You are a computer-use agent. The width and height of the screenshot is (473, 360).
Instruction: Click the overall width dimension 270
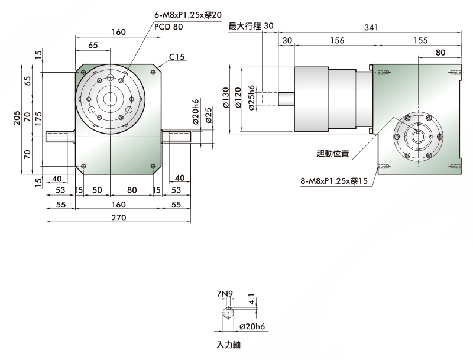tap(119, 218)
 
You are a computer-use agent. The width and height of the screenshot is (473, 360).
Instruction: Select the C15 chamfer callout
tap(176, 57)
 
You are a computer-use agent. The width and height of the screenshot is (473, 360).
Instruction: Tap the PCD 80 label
tap(169, 27)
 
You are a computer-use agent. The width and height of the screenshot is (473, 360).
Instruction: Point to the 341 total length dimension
tap(371, 27)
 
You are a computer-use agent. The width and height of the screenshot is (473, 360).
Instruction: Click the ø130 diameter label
tap(226, 98)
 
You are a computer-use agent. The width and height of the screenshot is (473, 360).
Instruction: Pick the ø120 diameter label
tap(238, 98)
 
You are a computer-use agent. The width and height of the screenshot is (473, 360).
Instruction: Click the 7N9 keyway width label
tap(225, 293)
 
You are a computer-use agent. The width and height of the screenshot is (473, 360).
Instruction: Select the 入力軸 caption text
tap(228, 345)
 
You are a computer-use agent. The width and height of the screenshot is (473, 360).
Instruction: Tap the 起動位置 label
tap(333, 153)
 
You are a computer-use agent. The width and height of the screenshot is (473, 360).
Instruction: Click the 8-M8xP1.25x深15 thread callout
tap(334, 181)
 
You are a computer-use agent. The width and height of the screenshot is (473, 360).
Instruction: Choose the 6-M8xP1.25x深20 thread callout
tap(188, 15)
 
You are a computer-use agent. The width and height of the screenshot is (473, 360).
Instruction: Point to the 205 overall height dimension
tap(17, 118)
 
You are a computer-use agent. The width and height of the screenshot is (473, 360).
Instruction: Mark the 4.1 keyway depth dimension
tap(252, 299)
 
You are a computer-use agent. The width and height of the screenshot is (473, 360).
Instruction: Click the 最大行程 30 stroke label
tap(251, 26)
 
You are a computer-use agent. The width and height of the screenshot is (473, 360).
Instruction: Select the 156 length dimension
tap(337, 40)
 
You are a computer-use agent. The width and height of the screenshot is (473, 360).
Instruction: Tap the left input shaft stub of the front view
tap(60, 137)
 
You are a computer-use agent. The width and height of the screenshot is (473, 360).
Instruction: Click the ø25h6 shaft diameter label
tap(252, 98)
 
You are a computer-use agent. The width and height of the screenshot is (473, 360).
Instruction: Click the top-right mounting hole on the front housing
tap(153, 72)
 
